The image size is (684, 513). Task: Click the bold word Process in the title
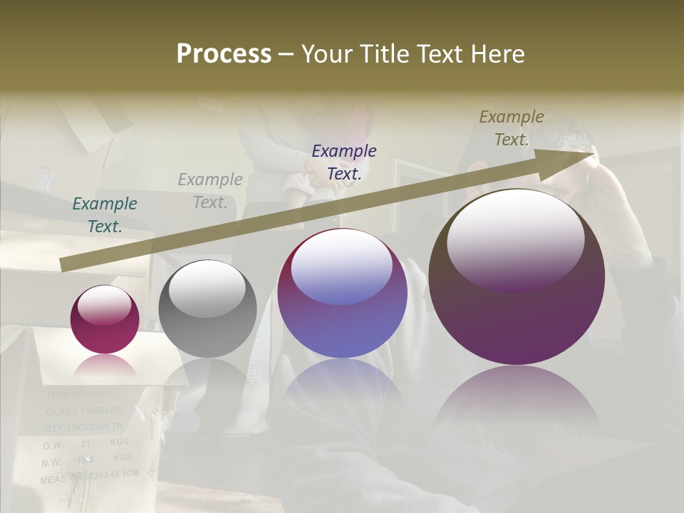pos(224,54)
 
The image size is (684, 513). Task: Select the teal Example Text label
pos(105,215)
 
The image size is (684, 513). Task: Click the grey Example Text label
pos(210,191)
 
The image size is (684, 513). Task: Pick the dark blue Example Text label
pos(344,162)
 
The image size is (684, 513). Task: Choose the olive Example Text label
pos(512,128)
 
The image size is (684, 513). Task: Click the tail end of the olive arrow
pos(63,265)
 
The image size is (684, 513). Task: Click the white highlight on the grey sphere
pos(207,291)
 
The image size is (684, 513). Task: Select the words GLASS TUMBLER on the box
pos(84,411)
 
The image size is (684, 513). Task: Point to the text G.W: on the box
pos(53,445)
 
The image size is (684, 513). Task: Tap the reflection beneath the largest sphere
pos(517,399)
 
